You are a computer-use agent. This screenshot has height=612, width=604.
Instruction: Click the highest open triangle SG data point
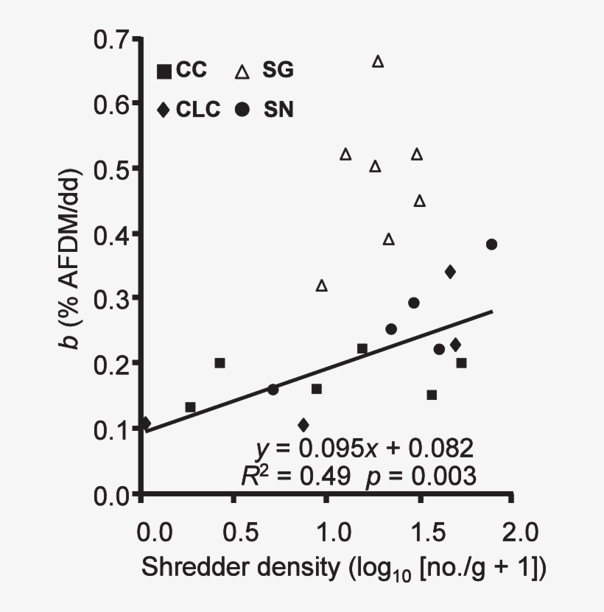point(378,62)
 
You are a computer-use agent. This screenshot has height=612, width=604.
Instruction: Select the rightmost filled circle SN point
point(491,245)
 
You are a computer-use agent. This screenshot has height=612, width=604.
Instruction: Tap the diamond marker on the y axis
point(144,423)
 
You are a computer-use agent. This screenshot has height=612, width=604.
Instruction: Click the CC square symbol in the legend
point(164,71)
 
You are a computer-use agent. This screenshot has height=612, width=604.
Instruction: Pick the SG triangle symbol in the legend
point(241,71)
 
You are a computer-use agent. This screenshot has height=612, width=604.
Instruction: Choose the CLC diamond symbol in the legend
point(164,110)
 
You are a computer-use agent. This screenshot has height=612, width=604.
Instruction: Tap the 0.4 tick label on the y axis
point(112,234)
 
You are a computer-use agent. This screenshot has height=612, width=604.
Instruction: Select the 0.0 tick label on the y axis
point(112,495)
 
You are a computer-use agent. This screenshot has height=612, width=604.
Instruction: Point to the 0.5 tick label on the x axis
point(233,531)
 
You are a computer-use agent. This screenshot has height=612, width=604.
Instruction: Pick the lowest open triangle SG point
point(321,286)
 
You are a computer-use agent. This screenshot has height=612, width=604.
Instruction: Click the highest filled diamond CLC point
point(450,272)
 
